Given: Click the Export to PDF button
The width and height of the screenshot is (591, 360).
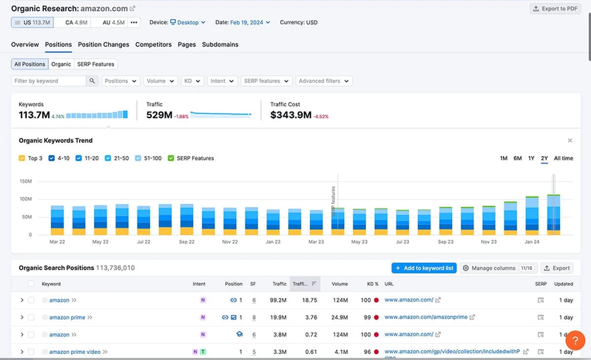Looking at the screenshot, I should [x=555, y=9].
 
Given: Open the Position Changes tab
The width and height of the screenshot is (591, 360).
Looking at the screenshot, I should [x=104, y=44].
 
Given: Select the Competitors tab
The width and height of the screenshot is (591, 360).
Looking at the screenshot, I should [x=154, y=44].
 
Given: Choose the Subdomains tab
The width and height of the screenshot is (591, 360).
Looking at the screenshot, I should [x=220, y=44].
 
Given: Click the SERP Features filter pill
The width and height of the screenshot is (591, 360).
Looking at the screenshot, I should [x=96, y=64].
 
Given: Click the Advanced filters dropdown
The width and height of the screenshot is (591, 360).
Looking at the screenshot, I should [x=323, y=81].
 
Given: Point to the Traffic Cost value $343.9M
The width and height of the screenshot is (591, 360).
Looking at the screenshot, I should [x=291, y=115].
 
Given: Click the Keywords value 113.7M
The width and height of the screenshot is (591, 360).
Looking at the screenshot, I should [x=34, y=115].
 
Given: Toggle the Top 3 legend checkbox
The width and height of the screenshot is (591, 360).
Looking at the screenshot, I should [x=22, y=158].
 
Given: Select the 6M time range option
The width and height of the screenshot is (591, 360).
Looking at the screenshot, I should [x=518, y=158].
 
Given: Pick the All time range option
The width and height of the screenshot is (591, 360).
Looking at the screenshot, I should [x=563, y=158].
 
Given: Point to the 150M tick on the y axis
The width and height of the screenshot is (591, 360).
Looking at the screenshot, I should [x=25, y=181].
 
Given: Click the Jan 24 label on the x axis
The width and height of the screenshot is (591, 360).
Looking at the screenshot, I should [x=533, y=242].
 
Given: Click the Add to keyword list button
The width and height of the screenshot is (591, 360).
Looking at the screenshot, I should [x=425, y=268].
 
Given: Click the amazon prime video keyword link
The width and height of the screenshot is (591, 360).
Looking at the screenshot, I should [x=75, y=352].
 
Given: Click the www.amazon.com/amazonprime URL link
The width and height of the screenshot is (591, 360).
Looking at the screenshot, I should [x=426, y=317].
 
